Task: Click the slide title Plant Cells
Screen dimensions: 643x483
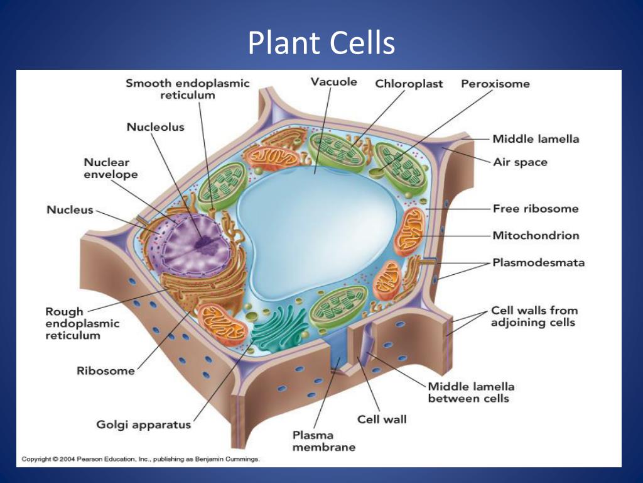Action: [321, 43]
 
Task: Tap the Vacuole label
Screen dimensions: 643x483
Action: [334, 82]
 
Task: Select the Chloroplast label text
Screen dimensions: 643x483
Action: [409, 84]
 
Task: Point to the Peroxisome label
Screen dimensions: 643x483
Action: [495, 84]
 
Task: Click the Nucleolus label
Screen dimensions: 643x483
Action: [156, 127]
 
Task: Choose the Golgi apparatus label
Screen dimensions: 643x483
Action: [144, 425]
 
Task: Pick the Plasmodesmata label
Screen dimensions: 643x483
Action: [538, 262]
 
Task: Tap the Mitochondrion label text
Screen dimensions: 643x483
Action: [536, 235]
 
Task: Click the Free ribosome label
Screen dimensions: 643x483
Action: [536, 209]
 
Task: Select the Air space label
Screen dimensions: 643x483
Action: [520, 162]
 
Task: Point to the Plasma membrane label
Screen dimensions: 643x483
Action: [324, 441]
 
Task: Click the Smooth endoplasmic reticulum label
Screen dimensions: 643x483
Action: [187, 89]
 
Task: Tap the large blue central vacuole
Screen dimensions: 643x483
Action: [316, 230]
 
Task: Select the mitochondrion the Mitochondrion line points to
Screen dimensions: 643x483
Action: [409, 232]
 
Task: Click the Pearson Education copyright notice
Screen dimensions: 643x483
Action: [141, 458]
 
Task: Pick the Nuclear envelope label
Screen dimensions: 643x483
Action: [111, 169]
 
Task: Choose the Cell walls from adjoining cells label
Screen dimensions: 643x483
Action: [534, 316]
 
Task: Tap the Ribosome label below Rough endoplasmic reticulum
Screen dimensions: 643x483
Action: [105, 371]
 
